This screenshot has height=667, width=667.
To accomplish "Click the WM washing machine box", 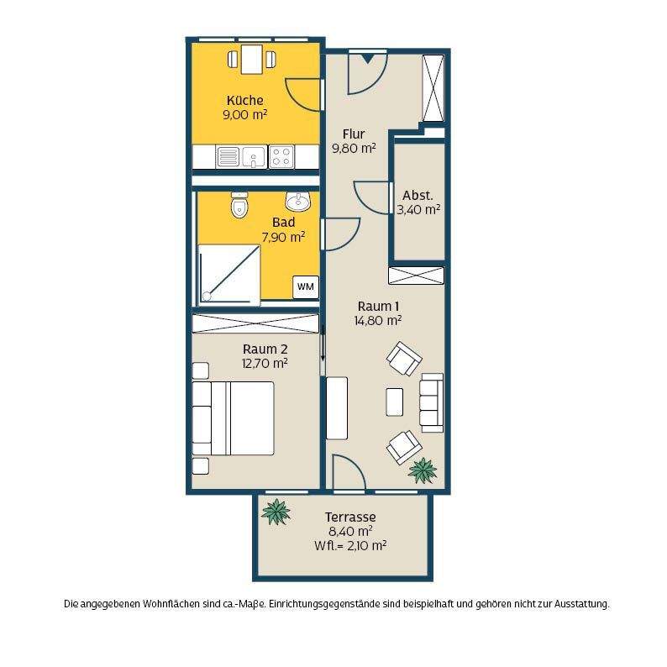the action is pyautogui.click(x=306, y=286).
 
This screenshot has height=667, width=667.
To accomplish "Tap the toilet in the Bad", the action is pyautogui.click(x=239, y=205).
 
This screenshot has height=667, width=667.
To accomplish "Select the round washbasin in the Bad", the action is pyautogui.click(x=298, y=201).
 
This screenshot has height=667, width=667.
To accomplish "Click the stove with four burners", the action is pyautogui.click(x=281, y=156).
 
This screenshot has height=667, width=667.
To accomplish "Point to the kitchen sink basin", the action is pyautogui.click(x=254, y=156).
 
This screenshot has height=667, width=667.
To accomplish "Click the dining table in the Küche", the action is pyautogui.click(x=252, y=59).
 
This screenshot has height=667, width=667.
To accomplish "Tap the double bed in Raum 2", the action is pyautogui.click(x=233, y=418).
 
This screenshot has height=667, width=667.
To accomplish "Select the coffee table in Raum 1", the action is pyautogui.click(x=394, y=402).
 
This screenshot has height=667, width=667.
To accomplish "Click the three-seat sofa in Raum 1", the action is pyautogui.click(x=432, y=403).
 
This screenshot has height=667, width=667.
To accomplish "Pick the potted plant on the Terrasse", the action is pyautogui.click(x=276, y=512).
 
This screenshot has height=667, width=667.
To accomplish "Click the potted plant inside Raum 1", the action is pyautogui.click(x=423, y=470).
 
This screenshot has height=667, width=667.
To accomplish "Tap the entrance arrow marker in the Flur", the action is pyautogui.click(x=368, y=59).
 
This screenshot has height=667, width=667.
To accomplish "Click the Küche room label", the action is pyautogui.click(x=245, y=101).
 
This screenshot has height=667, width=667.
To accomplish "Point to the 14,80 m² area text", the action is pyautogui.click(x=378, y=320).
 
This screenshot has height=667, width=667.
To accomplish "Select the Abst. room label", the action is pyautogui.click(x=418, y=195).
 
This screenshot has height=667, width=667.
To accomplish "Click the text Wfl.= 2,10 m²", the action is pyautogui.click(x=350, y=545).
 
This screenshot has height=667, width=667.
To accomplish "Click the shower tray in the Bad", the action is pyautogui.click(x=229, y=274).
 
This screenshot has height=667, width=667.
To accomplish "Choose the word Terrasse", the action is pyautogui.click(x=350, y=517).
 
